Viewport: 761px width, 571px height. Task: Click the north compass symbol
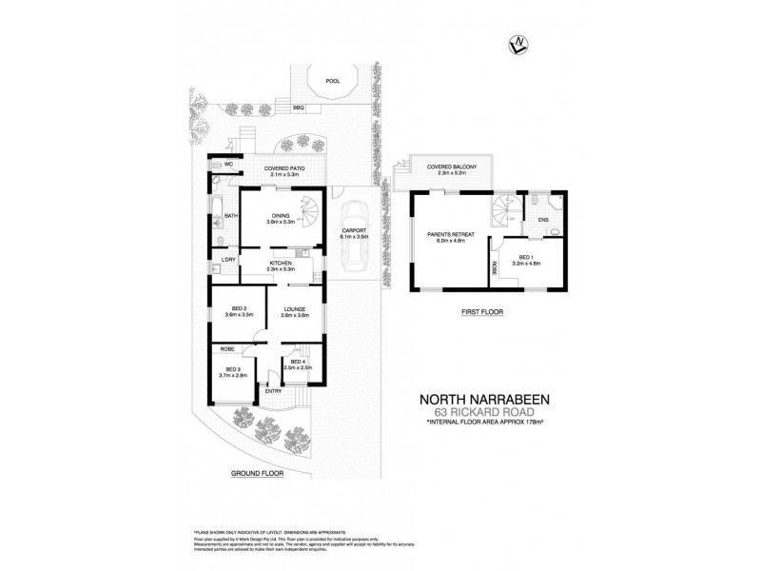[x=520, y=42]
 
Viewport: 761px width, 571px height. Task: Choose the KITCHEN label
[x=281, y=262]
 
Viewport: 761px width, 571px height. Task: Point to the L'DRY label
[x=228, y=260]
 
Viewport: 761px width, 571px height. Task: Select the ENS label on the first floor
[x=543, y=221]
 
